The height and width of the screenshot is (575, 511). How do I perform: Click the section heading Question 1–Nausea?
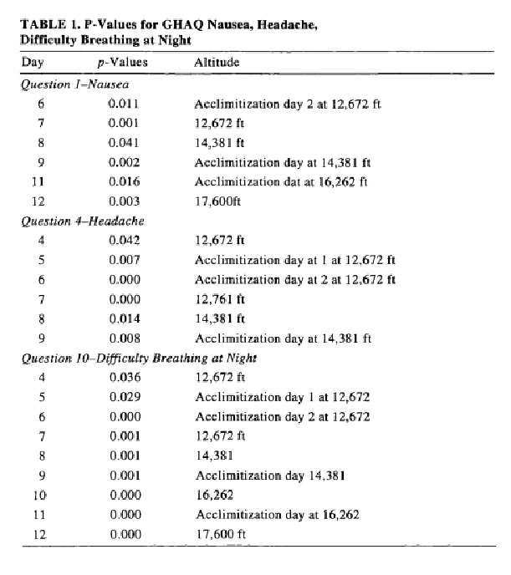tap(74, 84)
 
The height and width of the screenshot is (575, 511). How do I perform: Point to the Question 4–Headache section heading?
tap(82, 221)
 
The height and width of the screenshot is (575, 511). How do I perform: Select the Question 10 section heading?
tap(139, 358)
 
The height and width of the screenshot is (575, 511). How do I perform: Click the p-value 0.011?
tap(124, 104)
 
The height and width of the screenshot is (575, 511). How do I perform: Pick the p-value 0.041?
tap(124, 143)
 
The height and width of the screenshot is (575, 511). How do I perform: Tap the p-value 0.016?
tap(124, 181)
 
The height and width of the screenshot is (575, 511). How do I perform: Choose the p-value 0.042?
tap(124, 242)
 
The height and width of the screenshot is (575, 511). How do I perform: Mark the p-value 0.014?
tap(124, 318)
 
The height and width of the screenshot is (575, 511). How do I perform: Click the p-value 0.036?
tap(124, 378)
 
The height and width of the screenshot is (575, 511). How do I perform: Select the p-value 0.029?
tap(124, 397)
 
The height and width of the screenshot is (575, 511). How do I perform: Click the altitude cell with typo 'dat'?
tap(283, 181)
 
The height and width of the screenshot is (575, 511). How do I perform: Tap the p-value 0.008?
tap(124, 338)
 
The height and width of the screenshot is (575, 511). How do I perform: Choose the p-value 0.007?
tap(124, 261)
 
